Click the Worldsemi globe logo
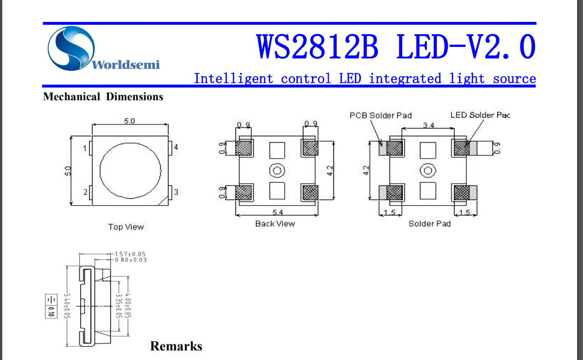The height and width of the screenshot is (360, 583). tap(72, 48)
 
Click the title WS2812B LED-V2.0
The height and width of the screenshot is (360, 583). tap(396, 47)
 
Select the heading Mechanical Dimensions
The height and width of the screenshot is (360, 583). tap(103, 97)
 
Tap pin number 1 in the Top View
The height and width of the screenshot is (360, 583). tap(85, 148)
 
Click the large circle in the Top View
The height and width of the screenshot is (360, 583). tap(130, 170)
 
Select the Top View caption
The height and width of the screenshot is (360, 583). tap(126, 226)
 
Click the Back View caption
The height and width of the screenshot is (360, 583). tap(275, 224)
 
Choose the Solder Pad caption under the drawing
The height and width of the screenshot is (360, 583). tap(430, 224)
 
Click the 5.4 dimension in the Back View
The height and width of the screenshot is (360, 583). tap(277, 212)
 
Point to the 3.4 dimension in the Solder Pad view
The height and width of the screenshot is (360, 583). tap(428, 125)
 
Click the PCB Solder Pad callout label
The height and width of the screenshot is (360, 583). tap(380, 115)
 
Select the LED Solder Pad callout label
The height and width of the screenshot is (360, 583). tap(480, 115)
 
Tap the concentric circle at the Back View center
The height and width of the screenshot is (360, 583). tap(276, 170)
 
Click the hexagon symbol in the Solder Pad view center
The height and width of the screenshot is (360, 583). tap(427, 170)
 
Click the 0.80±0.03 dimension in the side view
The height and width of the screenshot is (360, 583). tap(130, 260)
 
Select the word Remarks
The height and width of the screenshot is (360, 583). tap(176, 346)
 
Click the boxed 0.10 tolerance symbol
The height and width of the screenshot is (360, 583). tap(51, 306)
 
